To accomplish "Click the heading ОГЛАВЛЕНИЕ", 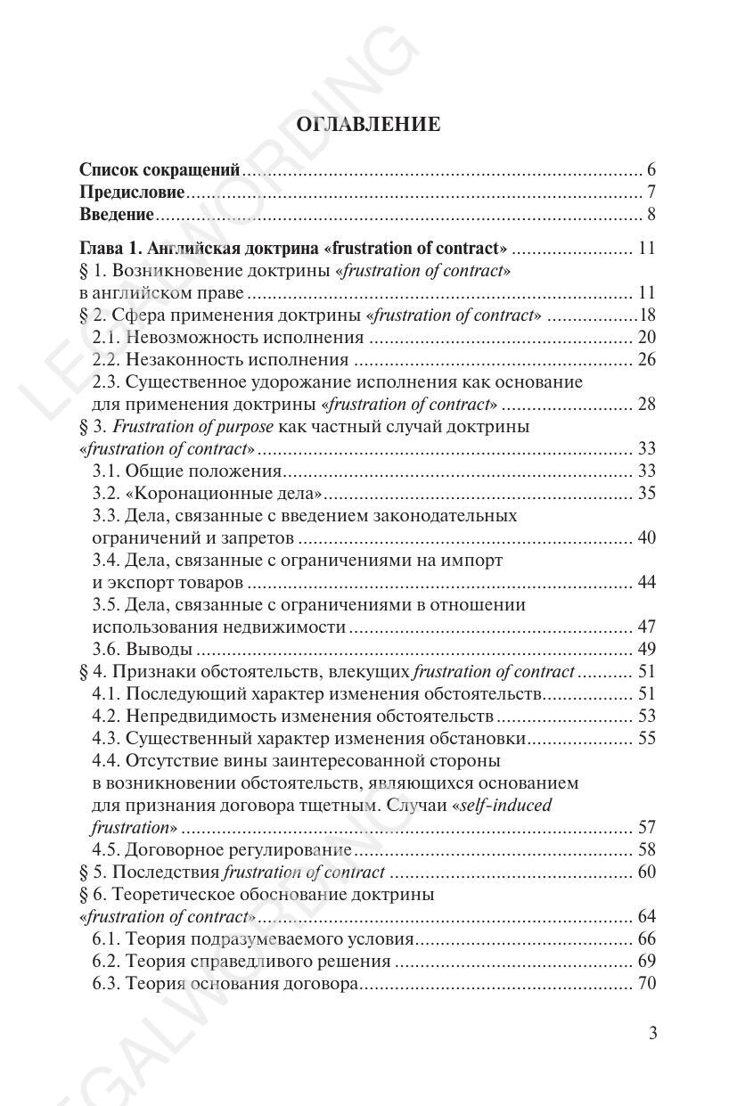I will tap(367, 125).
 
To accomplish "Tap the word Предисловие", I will tap(132, 193).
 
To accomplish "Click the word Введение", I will tap(117, 215).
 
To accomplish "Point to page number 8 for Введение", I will tap(651, 215).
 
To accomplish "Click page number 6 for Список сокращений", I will tap(651, 170).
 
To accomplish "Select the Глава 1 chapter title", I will tap(293, 248).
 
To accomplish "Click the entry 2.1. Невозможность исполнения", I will tap(228, 337).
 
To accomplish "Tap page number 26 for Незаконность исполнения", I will tap(646, 359).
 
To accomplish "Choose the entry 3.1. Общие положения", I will tap(187, 471).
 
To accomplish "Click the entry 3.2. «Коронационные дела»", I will tap(208, 493).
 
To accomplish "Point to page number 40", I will tap(646, 537).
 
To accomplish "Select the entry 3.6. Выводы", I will tap(142, 649).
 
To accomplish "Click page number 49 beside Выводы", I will tap(646, 649).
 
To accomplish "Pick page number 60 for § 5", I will tap(646, 872).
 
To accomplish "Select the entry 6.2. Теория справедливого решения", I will tap(242, 961).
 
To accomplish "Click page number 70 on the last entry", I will tap(646, 984).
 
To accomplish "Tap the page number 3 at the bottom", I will tap(652, 1034).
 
